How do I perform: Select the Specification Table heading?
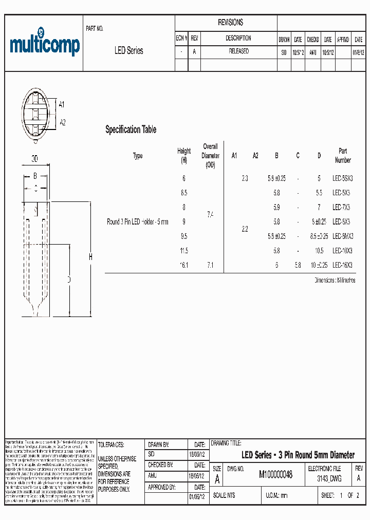[x=131, y=129]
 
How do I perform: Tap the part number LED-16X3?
[x=342, y=265]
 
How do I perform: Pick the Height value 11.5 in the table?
[x=184, y=251]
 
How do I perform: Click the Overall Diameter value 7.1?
[x=210, y=265]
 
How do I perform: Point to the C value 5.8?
[x=298, y=265]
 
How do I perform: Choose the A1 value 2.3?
[x=245, y=178]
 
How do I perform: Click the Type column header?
[x=138, y=156]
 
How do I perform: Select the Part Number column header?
[x=343, y=155]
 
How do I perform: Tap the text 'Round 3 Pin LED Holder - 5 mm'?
[x=137, y=222]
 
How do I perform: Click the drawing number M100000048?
[x=275, y=475]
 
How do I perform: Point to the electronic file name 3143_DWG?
[x=329, y=478]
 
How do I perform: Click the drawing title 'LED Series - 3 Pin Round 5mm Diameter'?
[x=298, y=455]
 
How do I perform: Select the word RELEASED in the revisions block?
[x=238, y=51]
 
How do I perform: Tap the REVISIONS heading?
[x=231, y=23]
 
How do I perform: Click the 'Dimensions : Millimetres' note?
[x=335, y=281]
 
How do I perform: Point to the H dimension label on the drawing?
[x=90, y=257]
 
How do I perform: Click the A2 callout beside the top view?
[x=63, y=122]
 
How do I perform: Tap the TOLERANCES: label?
[x=111, y=445]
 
